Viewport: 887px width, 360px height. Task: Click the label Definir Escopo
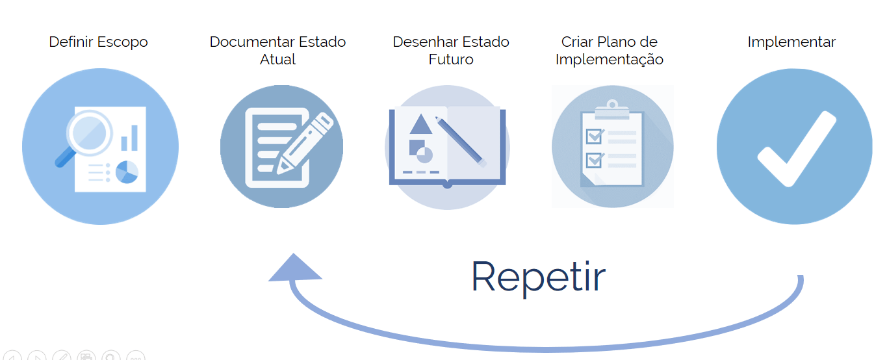(98, 42)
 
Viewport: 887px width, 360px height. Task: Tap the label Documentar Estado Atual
(277, 51)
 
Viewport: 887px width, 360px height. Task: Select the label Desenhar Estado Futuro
(450, 51)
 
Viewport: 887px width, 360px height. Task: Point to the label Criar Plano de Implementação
(609, 51)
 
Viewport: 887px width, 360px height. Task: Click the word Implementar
(791, 42)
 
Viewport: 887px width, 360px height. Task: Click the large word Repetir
(538, 276)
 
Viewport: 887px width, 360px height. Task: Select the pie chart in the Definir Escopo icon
(127, 172)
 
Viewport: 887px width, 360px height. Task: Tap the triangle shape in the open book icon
(421, 124)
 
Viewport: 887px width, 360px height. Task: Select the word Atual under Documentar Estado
(277, 60)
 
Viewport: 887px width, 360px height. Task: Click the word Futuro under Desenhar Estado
(450, 60)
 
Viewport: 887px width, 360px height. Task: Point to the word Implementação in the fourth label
(609, 60)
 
